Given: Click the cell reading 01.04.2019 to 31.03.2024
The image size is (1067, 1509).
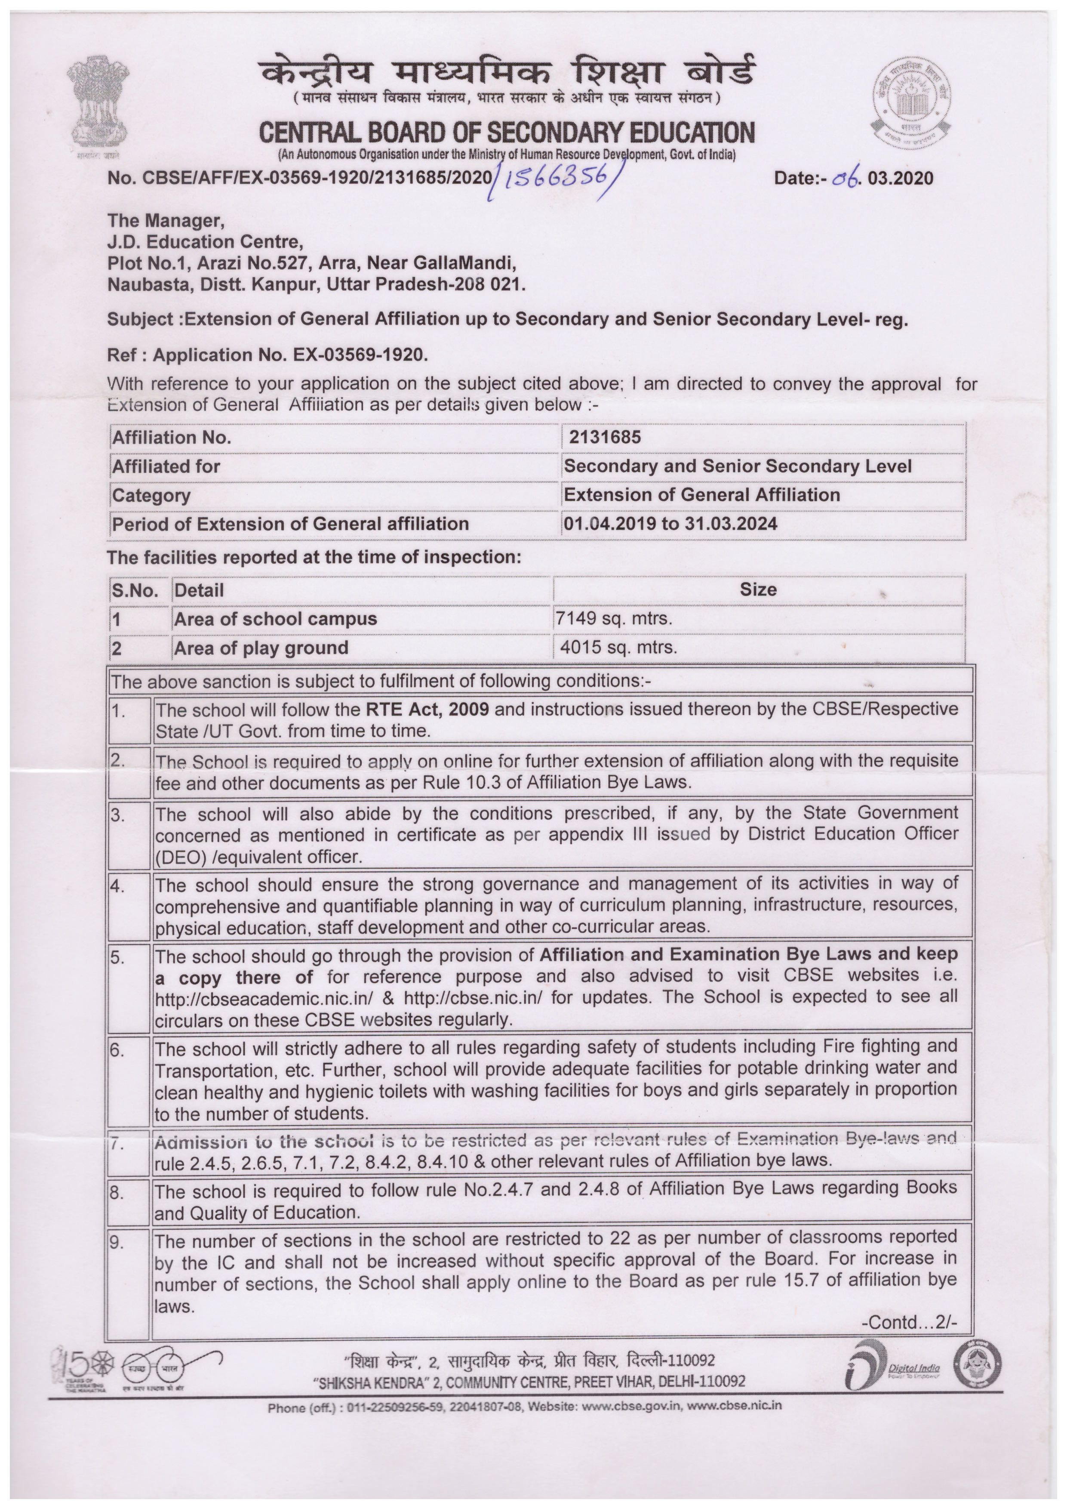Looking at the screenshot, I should pos(670,524).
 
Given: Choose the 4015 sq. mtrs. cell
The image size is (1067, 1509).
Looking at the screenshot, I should pos(618,648).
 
